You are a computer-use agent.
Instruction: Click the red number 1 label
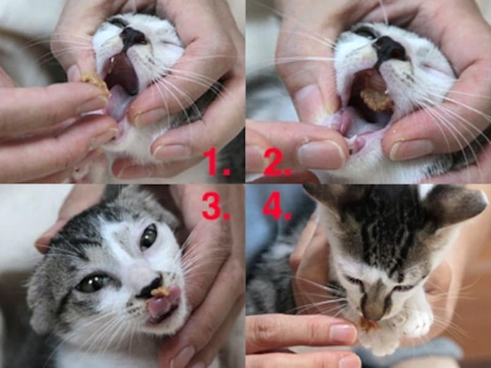(x=216, y=163)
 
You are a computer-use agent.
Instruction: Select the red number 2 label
(x=277, y=163)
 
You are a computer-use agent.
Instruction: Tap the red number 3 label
(x=216, y=206)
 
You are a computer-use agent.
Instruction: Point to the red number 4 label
(x=277, y=206)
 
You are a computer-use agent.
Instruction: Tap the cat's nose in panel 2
(x=392, y=48)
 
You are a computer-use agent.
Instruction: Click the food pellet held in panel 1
(x=96, y=83)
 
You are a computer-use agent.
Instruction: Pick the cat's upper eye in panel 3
(x=148, y=237)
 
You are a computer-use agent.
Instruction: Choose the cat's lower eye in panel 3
(x=93, y=283)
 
